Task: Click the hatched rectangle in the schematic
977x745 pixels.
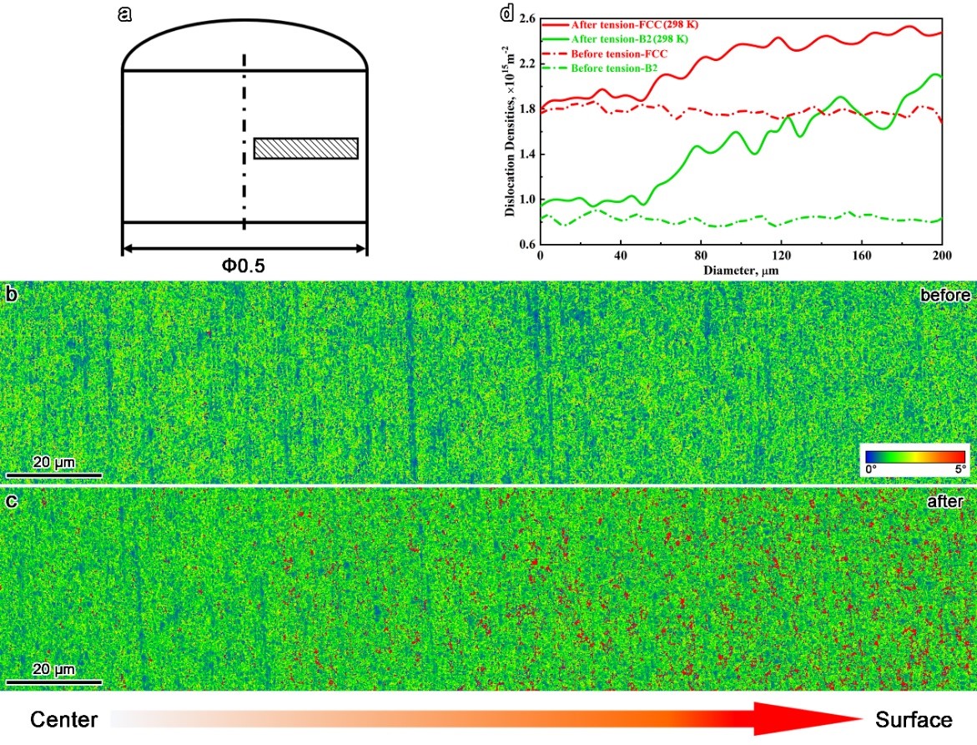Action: [305, 148]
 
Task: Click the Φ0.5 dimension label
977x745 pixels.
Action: [244, 266]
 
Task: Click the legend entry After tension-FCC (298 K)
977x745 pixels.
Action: [618, 23]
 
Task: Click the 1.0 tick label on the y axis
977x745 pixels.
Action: [526, 200]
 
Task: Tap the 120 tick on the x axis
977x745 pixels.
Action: [781, 255]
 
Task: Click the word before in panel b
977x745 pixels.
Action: [944, 296]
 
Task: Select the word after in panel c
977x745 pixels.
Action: [949, 502]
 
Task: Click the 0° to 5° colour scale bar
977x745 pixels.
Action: [914, 456]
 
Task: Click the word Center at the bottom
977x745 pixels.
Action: [64, 720]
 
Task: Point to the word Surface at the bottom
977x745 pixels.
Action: [914, 720]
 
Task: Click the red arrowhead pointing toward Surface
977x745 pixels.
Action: [809, 718]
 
